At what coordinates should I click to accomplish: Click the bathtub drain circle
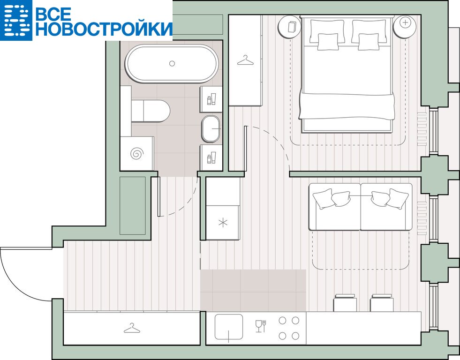[x=172, y=63]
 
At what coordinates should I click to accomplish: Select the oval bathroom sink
[x=211, y=129]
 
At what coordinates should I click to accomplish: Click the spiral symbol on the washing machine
[x=137, y=153]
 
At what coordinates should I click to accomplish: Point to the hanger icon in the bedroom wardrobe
[x=245, y=60]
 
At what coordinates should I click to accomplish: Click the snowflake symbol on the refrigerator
[x=223, y=223]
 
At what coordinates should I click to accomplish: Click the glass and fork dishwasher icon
[x=261, y=326]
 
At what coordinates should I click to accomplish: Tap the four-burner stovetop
[x=289, y=328]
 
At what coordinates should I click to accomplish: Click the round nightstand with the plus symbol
[x=405, y=27]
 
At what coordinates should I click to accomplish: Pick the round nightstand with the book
[x=290, y=27]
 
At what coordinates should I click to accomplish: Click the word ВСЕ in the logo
[x=53, y=14]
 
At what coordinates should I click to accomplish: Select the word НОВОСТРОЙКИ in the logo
[x=104, y=29]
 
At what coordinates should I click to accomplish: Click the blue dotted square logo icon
[x=15, y=20]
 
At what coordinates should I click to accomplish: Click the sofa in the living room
[x=361, y=207]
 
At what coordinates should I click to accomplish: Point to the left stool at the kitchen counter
[x=345, y=303]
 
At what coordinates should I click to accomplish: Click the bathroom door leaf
[x=158, y=196]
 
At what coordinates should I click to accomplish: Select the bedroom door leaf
[x=246, y=148]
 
